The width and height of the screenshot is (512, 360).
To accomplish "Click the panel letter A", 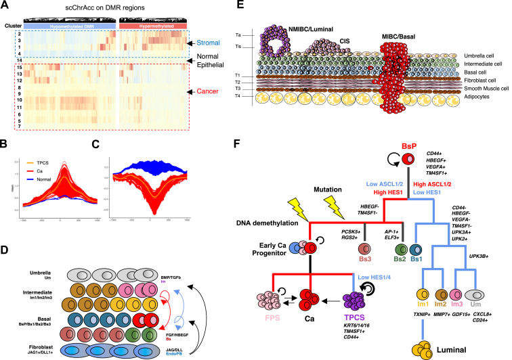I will tap(6, 6).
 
